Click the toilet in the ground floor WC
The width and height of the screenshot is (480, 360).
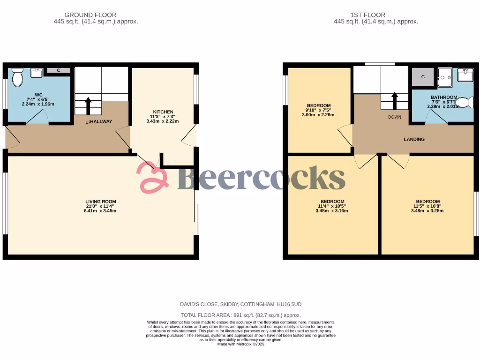(17, 77)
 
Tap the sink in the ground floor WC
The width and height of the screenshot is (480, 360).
(37, 72)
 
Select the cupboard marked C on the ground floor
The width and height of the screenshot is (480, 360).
(59, 70)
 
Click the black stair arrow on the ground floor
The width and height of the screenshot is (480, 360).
(87, 105)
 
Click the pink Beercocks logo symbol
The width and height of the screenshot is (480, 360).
(152, 178)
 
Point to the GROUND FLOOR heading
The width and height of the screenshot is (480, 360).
(90, 15)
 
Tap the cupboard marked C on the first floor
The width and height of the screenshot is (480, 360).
(423, 77)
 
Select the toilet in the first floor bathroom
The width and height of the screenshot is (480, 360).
(464, 103)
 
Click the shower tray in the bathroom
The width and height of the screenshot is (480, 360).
(444, 77)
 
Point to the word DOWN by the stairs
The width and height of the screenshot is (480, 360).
(395, 117)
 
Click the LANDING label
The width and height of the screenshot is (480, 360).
(414, 139)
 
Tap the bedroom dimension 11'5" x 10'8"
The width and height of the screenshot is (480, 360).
(427, 206)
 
